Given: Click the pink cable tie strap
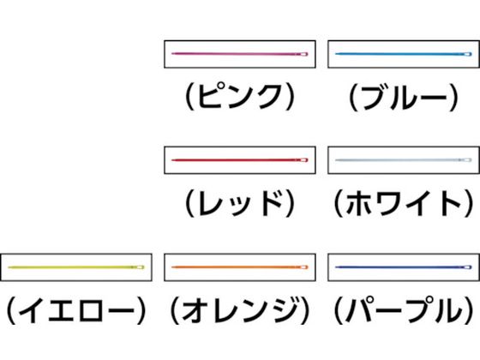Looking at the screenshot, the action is (240, 54).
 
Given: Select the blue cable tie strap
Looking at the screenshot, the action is (404, 54).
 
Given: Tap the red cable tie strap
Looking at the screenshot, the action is (240, 159).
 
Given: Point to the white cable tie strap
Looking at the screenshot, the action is (404, 159).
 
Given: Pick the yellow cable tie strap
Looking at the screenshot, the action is (76, 267).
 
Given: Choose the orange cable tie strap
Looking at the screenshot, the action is (240, 267).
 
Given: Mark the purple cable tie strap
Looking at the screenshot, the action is (404, 267).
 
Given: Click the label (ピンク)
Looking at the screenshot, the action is (240, 97).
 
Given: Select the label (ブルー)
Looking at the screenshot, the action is (404, 97).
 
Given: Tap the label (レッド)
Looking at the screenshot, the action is (240, 203).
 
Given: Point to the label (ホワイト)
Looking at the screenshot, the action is (404, 203).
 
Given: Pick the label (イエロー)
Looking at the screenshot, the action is (76, 310).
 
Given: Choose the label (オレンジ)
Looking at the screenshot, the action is (240, 310).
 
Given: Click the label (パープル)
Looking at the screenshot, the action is (404, 310).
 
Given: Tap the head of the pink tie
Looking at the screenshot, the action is (303, 54).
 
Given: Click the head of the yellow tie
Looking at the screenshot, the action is (140, 267).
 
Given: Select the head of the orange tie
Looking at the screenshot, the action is (303, 267).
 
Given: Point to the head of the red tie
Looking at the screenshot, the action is (303, 159).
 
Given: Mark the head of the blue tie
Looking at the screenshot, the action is (467, 54).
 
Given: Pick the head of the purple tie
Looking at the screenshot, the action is (467, 267).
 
